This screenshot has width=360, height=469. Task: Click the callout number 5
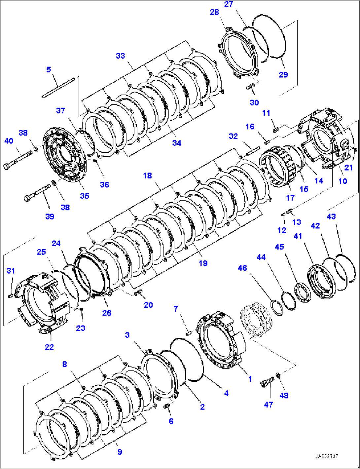49,69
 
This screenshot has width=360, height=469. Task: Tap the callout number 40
9,141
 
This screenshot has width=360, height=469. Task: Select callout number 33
121,56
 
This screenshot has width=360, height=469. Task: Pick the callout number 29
283,75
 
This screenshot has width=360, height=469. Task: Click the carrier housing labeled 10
325,139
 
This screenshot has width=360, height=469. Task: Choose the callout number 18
147,176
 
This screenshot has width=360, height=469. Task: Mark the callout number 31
11,271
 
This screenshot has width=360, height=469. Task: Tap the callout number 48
284,395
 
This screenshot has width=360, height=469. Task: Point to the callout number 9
120,452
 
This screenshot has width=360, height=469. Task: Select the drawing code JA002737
326,456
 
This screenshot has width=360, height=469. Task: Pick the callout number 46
242,268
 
